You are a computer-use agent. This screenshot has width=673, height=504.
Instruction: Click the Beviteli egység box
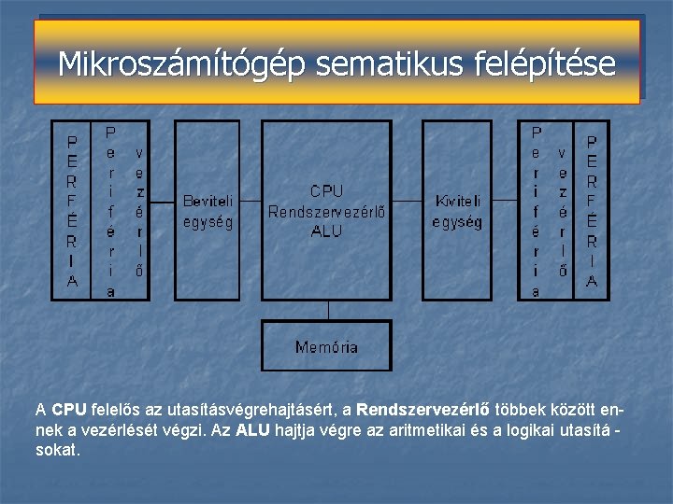208,211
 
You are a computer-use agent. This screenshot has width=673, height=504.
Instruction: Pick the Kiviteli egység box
457,211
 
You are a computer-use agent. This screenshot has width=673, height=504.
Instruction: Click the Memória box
326,346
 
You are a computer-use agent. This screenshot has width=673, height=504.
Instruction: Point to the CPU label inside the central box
326,191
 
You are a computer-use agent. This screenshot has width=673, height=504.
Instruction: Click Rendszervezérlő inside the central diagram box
326,212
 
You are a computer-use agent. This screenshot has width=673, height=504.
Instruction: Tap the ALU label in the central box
326,231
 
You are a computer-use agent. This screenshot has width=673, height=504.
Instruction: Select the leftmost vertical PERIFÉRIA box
72,211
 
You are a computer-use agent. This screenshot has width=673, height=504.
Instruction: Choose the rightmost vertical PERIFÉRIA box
591,211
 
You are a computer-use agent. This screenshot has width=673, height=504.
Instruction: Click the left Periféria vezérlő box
124,211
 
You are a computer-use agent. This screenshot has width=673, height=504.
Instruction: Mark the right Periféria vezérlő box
549,211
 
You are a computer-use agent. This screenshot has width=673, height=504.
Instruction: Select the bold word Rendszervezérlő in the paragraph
416,409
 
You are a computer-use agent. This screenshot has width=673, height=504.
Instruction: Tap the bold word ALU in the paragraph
251,429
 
